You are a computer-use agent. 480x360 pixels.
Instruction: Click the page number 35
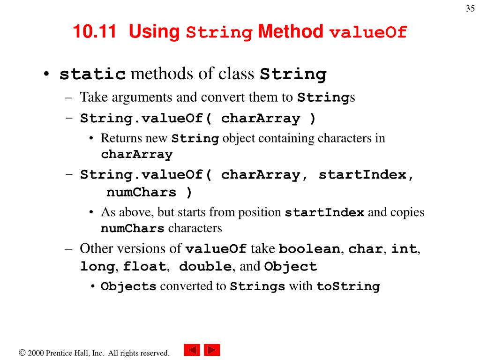470,9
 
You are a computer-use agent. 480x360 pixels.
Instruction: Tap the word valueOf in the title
368,33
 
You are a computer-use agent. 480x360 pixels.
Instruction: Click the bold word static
93,75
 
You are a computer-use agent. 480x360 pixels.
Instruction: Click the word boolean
309,249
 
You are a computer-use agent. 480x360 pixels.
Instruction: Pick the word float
144,267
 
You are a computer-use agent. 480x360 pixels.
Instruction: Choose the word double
205,267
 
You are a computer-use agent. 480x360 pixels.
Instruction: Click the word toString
348,286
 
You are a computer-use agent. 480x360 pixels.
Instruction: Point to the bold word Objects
128,286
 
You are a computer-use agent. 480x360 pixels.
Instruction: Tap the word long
97,267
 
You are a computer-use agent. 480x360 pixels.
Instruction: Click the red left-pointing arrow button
192,350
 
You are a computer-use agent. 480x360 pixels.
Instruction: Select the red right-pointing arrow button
212,350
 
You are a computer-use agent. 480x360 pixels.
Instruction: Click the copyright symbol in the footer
22,352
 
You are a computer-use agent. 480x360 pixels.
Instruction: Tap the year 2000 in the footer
36,353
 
